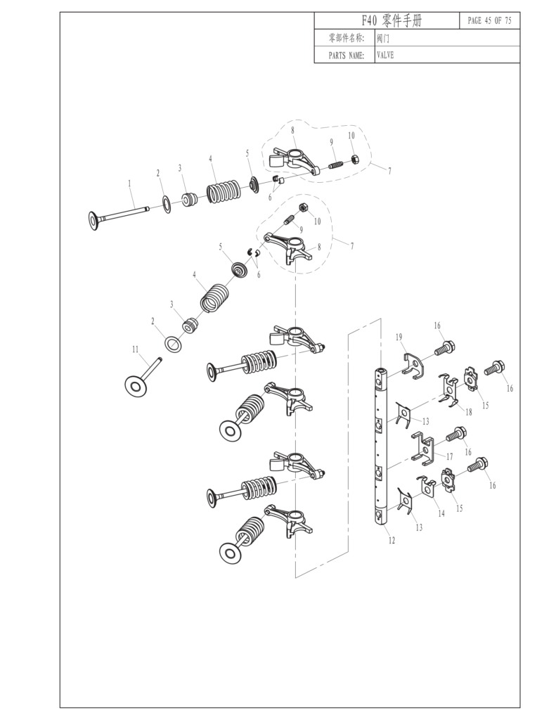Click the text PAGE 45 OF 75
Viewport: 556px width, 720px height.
pyautogui.click(x=489, y=21)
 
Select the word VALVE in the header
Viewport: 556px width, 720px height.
pyautogui.click(x=385, y=55)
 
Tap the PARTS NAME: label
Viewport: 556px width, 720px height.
pyautogui.click(x=346, y=55)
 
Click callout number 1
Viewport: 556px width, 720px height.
pyautogui.click(x=129, y=183)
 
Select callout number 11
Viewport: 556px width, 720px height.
pyautogui.click(x=135, y=349)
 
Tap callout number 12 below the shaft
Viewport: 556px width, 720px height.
pyautogui.click(x=392, y=540)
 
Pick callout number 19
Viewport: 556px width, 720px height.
pyautogui.click(x=399, y=338)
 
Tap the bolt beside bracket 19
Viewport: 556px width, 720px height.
pyautogui.click(x=444, y=348)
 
